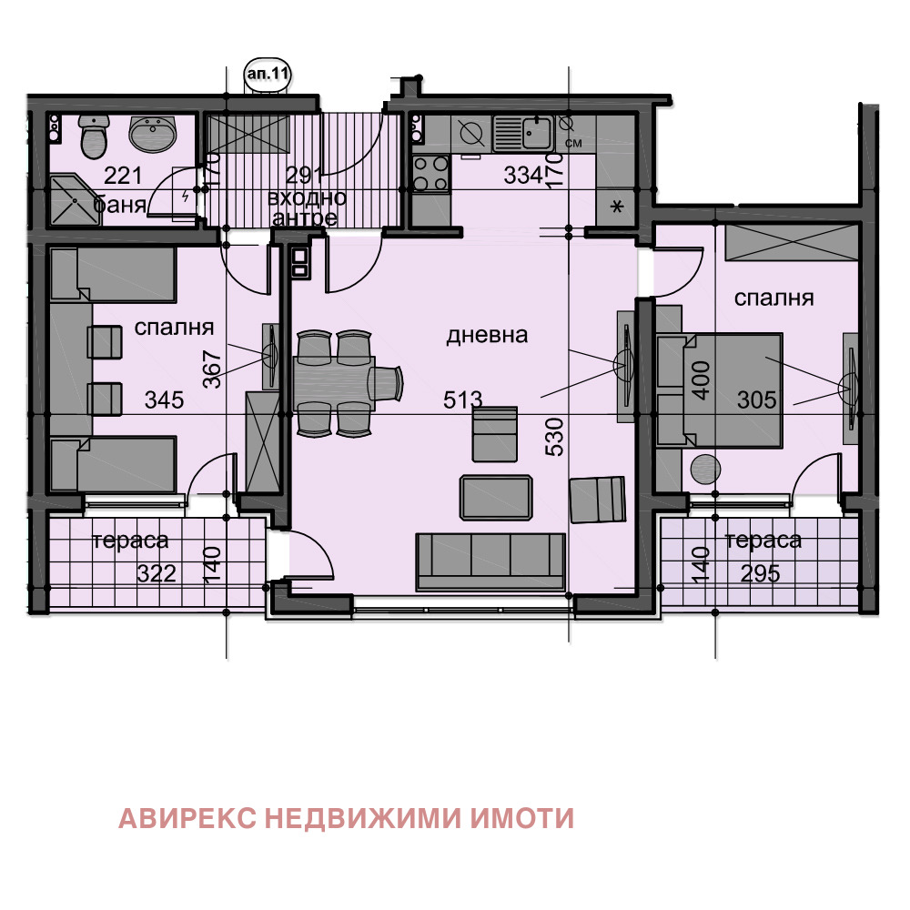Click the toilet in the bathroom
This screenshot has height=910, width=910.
click(94, 137)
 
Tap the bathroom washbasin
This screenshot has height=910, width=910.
click(154, 136)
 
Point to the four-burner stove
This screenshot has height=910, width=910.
click(430, 174)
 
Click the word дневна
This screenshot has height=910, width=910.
click(487, 335)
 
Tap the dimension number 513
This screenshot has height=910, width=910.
click(463, 399)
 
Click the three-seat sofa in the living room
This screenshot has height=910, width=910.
click(491, 561)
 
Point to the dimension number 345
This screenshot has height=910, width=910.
click(165, 399)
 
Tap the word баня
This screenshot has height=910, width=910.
click(120, 205)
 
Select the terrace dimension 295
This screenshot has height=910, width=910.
click(754, 573)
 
